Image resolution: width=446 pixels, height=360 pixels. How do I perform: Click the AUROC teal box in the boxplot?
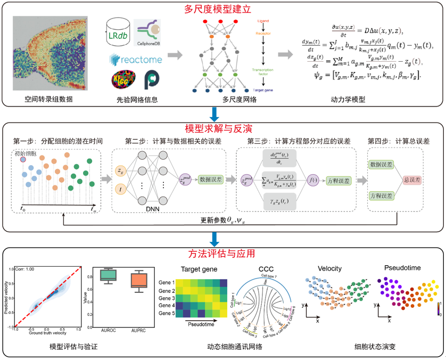(109, 275)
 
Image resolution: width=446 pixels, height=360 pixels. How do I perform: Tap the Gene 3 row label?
(167, 299)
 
